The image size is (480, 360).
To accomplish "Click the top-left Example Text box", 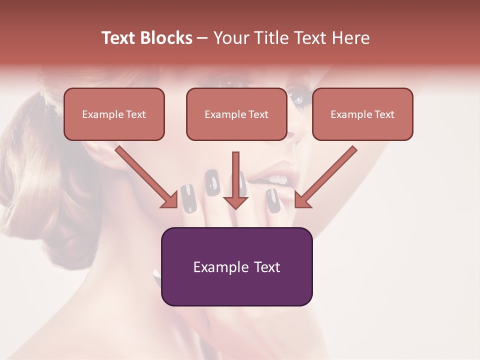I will coord(114,114).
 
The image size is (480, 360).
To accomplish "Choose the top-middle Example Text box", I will coord(236,114).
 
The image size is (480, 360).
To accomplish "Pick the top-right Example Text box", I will coord(362,114).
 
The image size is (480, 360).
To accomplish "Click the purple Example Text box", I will coord(236,266).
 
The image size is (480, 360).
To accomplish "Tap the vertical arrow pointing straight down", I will coord(235,180).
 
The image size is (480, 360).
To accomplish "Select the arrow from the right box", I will coord(325,177).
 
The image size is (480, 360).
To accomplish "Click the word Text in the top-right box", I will coord(384,114).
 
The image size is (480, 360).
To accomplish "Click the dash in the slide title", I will coord(203,38).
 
